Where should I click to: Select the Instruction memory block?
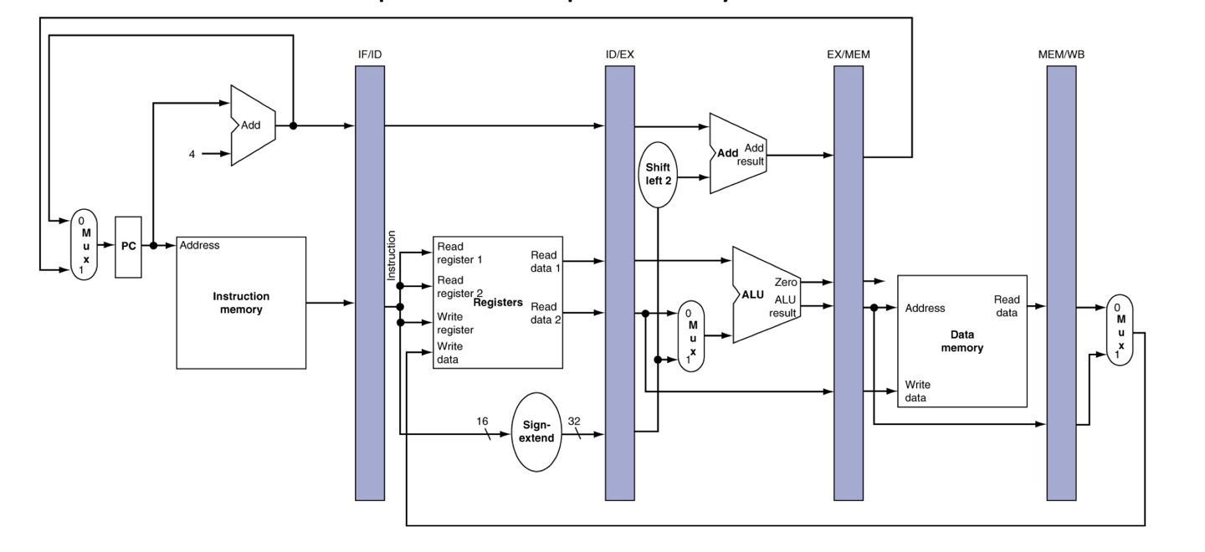coord(241,303)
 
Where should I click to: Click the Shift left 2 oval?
coord(659,174)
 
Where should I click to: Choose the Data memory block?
coord(961,341)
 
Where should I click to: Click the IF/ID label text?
coord(369,54)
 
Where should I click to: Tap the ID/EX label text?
coord(619,54)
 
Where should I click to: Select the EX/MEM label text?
coord(848,54)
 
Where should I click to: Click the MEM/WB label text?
coord(1060,54)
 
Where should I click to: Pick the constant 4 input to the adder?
coord(192,154)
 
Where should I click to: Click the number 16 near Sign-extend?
coord(482,421)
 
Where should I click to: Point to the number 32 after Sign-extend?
coord(574,421)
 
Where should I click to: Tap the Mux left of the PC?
coord(85,244)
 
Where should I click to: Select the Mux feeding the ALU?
coord(691,335)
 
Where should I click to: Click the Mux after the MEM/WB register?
coord(1119,330)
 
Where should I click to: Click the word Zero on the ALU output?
coord(786,282)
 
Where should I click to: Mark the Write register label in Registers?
coord(455,323)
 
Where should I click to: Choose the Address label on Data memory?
coord(925,308)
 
